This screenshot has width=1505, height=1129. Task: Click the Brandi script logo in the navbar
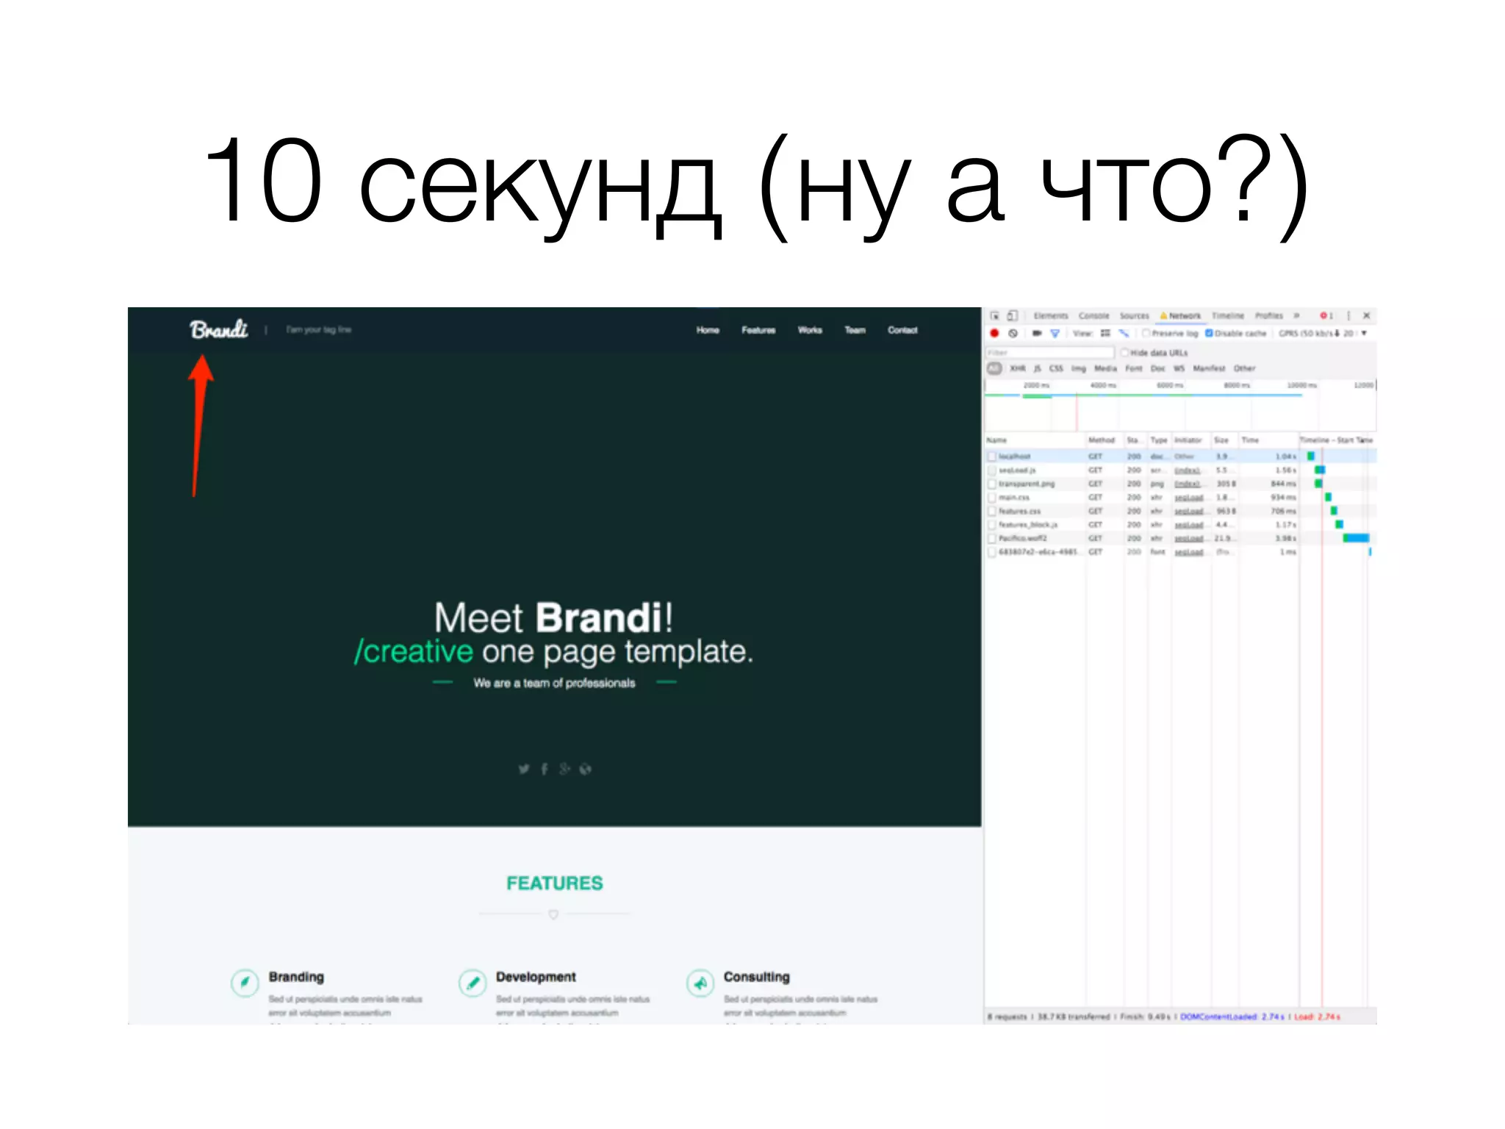tap(218, 329)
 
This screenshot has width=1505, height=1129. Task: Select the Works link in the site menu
tap(810, 330)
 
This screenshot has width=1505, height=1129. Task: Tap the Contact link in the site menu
tap(902, 330)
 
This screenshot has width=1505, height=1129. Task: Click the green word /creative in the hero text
tap(414, 652)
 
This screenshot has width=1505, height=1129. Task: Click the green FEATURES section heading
tap(554, 883)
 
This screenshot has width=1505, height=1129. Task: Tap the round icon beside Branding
tap(245, 982)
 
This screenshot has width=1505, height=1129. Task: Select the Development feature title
tap(536, 977)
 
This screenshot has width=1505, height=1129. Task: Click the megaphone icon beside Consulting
tap(700, 982)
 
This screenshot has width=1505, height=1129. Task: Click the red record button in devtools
tap(994, 333)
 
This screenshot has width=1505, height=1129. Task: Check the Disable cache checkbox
tap(1209, 333)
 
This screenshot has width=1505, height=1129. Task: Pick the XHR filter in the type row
tap(1018, 368)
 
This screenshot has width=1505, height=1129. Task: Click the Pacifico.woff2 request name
tap(1022, 538)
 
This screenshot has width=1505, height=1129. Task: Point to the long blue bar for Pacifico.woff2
tap(1357, 538)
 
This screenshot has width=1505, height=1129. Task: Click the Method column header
tap(1101, 440)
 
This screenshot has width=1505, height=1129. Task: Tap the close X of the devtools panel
tap(1366, 315)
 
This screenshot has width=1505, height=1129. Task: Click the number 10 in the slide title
tap(263, 181)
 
